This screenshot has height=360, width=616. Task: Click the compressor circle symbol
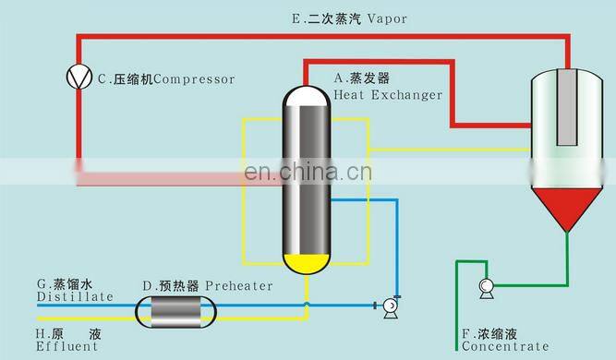tap(79, 78)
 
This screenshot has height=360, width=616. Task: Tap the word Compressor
tap(194, 79)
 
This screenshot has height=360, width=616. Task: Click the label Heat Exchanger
tap(388, 94)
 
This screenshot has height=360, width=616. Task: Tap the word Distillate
tap(75, 296)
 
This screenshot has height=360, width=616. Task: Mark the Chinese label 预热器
tap(179, 286)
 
